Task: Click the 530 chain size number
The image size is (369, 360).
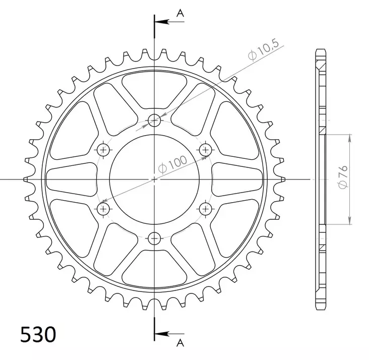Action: (x=38, y=334)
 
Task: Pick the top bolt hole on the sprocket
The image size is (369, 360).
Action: (x=155, y=120)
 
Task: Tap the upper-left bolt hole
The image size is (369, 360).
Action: (x=104, y=149)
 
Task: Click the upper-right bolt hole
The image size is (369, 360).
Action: (x=206, y=149)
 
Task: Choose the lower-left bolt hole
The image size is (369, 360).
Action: (x=104, y=208)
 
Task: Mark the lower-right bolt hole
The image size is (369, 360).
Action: (x=206, y=208)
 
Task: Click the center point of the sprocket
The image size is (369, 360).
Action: (x=155, y=179)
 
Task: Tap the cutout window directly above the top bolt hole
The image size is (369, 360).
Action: (x=155, y=90)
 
